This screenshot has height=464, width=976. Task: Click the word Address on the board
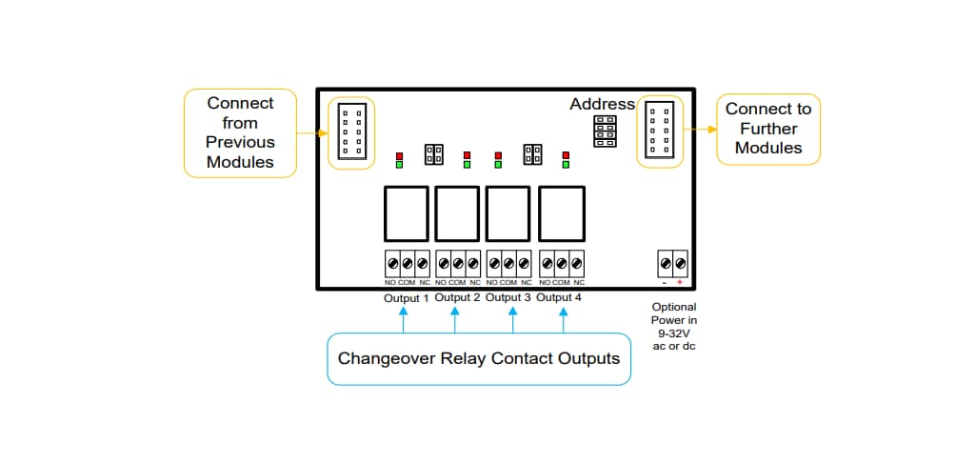point(602,104)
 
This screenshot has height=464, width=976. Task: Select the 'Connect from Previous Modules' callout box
point(240,132)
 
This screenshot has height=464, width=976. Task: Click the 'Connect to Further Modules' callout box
point(767,129)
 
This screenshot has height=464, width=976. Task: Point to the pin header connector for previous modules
point(350,132)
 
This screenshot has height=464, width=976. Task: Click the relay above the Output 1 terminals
point(406,214)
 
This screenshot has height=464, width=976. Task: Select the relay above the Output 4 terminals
point(561,214)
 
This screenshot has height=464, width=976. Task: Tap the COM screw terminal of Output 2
point(457,263)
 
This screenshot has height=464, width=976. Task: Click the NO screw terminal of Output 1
point(390,263)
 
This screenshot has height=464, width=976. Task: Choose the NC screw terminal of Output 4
point(577,263)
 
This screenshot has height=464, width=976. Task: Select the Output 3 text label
point(508,297)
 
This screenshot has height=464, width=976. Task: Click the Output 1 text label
point(406,297)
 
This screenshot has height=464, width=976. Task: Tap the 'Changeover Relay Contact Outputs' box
point(478,359)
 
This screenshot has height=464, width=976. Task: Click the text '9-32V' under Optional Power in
point(673,333)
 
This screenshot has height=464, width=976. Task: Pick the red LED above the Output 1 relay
point(400,155)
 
